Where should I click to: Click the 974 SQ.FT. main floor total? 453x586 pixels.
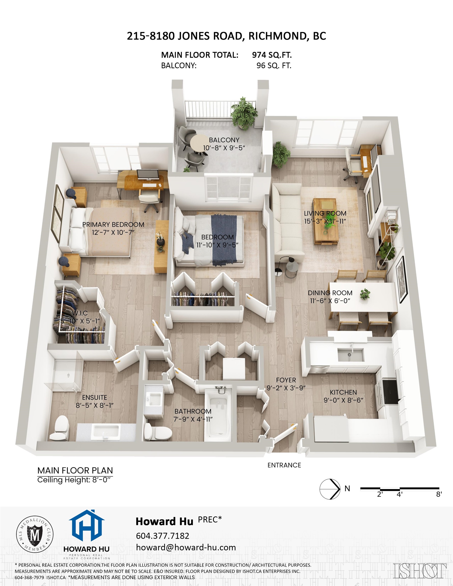point(272,55)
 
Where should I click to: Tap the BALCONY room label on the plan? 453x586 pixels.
point(224,140)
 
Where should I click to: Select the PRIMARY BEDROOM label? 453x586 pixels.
point(113,225)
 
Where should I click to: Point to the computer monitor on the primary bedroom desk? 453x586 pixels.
point(144,175)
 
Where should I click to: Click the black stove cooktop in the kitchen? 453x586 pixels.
point(390,392)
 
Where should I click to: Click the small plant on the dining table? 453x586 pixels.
point(365,294)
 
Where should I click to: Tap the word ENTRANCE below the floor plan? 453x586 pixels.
point(284,465)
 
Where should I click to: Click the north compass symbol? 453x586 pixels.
point(330,489)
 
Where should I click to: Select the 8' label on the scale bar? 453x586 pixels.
point(438,494)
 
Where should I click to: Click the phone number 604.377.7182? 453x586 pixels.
point(162,536)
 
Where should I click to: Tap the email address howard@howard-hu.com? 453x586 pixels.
point(186,548)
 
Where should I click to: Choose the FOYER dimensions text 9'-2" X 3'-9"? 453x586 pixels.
point(286,388)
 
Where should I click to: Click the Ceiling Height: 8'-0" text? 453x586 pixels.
point(74,480)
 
